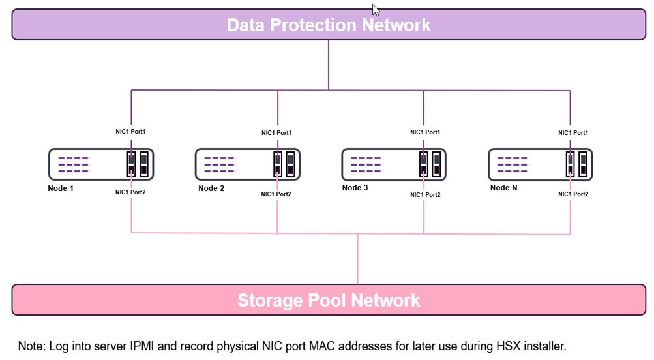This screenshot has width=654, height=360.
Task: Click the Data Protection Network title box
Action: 329,25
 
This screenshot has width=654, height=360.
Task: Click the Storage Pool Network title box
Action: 329,300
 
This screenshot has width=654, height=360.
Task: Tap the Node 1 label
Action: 61,188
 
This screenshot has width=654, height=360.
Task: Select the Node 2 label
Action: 211,188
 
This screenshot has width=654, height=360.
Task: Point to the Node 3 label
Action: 355,188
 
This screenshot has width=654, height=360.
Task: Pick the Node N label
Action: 503,188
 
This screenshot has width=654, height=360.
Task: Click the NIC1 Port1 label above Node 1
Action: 130,132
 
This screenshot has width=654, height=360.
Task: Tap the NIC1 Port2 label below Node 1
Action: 130,192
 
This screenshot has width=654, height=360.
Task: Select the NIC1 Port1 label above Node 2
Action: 276,133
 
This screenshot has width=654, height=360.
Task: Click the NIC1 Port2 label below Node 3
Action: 425,195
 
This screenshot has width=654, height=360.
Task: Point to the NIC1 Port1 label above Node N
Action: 573,133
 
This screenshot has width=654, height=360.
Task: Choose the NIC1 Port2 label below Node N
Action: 573,194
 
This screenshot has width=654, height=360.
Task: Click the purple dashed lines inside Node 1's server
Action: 73,164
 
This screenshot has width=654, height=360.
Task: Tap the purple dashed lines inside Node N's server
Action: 513,164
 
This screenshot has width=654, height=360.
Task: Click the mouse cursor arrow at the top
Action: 376,10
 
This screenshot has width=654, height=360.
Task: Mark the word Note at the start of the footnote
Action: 30,346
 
